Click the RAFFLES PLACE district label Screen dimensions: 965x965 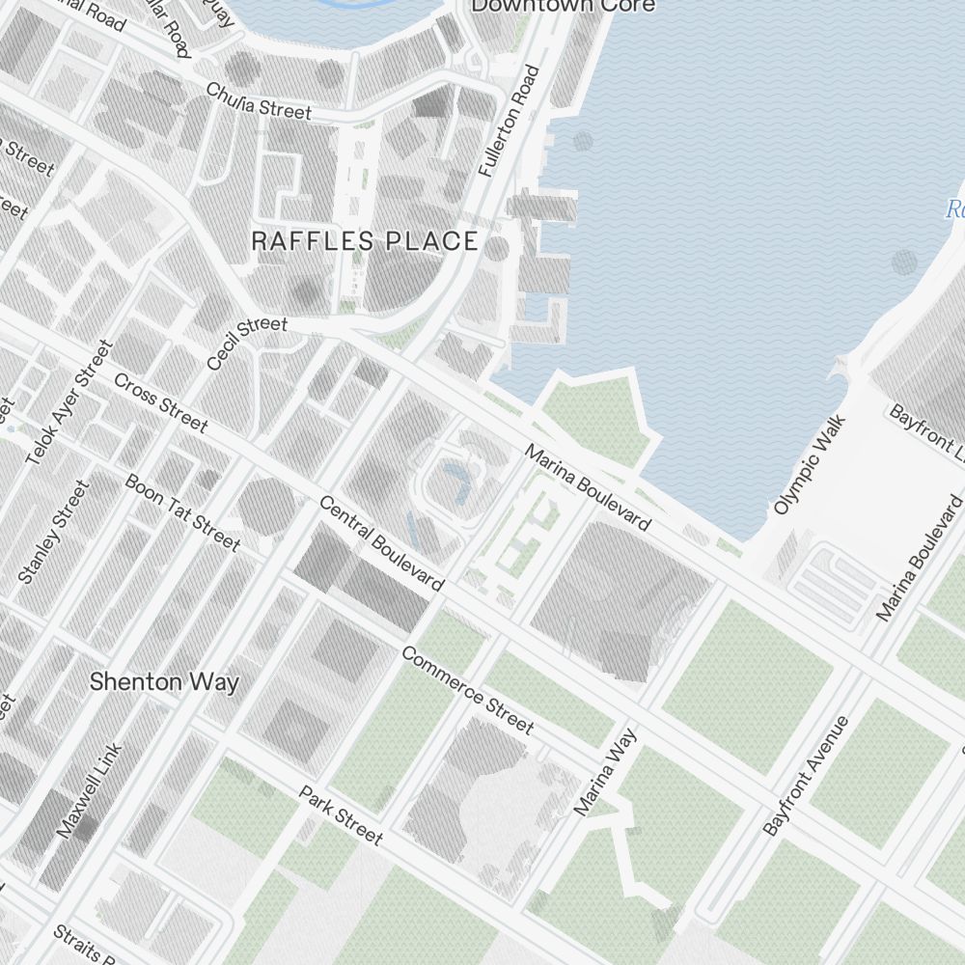(365, 241)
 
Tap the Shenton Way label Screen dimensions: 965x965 (164, 682)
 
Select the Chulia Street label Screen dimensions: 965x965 (259, 100)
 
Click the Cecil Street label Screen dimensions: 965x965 (246, 344)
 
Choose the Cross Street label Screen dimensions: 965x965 (160, 401)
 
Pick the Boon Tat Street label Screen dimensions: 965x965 (182, 512)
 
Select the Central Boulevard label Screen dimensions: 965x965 (381, 543)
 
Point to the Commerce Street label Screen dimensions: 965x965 (466, 690)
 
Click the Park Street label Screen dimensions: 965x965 (341, 815)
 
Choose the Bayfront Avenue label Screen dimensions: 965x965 (805, 776)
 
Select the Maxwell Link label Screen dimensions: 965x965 (90, 790)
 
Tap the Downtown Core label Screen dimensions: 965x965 (563, 6)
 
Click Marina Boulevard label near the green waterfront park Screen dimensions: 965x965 (588, 487)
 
